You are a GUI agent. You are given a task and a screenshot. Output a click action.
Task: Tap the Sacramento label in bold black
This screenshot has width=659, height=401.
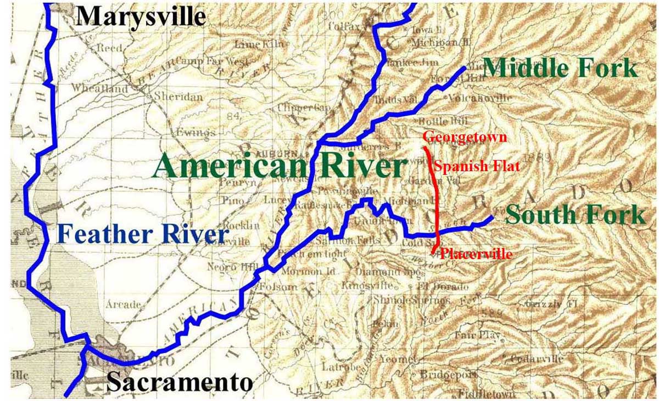[x=179, y=382]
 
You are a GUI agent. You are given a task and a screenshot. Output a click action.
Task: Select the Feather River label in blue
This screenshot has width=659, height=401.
[x=142, y=234]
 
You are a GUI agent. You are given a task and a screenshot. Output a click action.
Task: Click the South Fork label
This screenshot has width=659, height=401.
[x=575, y=214]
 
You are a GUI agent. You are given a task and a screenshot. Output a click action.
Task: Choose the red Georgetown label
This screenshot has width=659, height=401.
[x=465, y=137]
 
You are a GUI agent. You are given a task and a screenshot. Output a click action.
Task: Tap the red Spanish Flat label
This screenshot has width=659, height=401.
[x=476, y=166]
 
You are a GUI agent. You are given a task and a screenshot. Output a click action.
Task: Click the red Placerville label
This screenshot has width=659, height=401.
[x=476, y=254]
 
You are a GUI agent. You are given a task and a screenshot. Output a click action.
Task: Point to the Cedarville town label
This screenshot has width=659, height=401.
[x=537, y=359]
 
